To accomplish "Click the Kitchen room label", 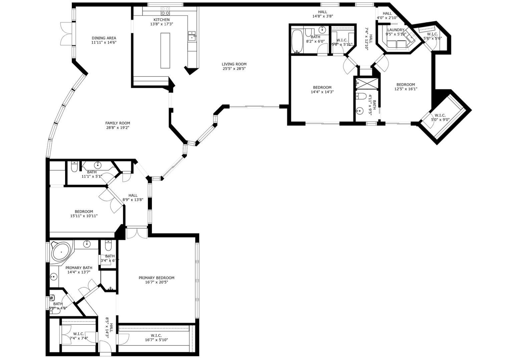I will pos(162,20).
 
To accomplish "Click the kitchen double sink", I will pos(192,35).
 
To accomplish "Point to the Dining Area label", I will pos(104,38).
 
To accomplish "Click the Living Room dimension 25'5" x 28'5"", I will pos(234,69).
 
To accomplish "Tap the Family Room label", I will pos(117,123).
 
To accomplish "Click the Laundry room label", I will pos(396,30).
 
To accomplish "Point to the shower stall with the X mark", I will pos(367,83).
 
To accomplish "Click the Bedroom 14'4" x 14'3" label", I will pos(322,87).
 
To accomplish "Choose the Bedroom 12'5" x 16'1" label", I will pos(406,84).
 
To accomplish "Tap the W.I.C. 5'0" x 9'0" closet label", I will pos(440,115).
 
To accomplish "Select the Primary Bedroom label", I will pos(157,278).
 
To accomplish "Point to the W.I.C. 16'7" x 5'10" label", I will pos(156,335).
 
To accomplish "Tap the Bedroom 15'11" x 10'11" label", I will pos(84,212).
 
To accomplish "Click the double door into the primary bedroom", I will pos(137,232).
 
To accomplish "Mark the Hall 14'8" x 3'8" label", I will pos(322,12).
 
